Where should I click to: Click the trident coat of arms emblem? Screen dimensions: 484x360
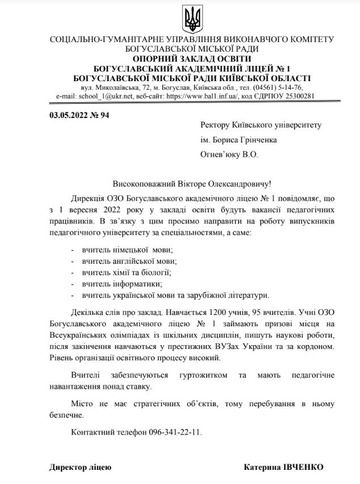(x=192, y=19)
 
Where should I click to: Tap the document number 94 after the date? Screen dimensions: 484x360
(x=104, y=115)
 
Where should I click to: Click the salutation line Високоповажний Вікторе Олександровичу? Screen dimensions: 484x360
(x=192, y=184)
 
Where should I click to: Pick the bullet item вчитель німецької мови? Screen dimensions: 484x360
(x=127, y=249)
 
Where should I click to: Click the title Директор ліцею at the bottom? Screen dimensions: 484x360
(x=80, y=467)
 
